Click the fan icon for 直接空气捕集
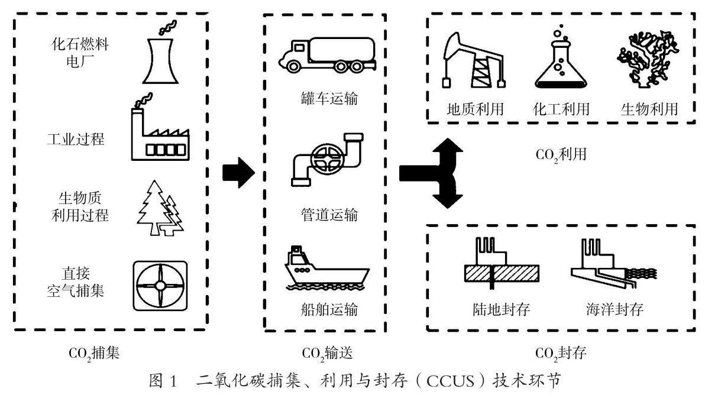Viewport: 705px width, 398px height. tap(160, 286)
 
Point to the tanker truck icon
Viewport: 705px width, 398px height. tap(323, 55)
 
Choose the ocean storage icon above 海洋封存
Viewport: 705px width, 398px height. tap(606, 263)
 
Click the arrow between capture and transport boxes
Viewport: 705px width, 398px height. tap(238, 173)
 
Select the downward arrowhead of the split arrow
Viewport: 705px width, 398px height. tap(444, 201)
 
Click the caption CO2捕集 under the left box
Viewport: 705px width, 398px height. tap(94, 354)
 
